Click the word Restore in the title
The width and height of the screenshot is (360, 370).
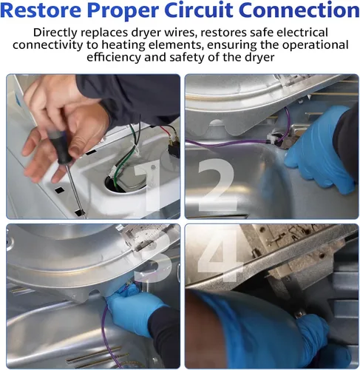pyautogui.click(x=41, y=10)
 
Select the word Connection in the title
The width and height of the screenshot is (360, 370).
pyautogui.click(x=299, y=10)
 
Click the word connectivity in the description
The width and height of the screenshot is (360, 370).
pyautogui.click(x=48, y=45)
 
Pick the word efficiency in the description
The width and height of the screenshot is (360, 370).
pyautogui.click(x=114, y=58)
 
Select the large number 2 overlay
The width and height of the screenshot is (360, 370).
pyautogui.click(x=217, y=184)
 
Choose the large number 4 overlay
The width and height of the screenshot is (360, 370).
pyautogui.click(x=220, y=254)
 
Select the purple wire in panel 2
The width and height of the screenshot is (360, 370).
pyautogui.click(x=229, y=144)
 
